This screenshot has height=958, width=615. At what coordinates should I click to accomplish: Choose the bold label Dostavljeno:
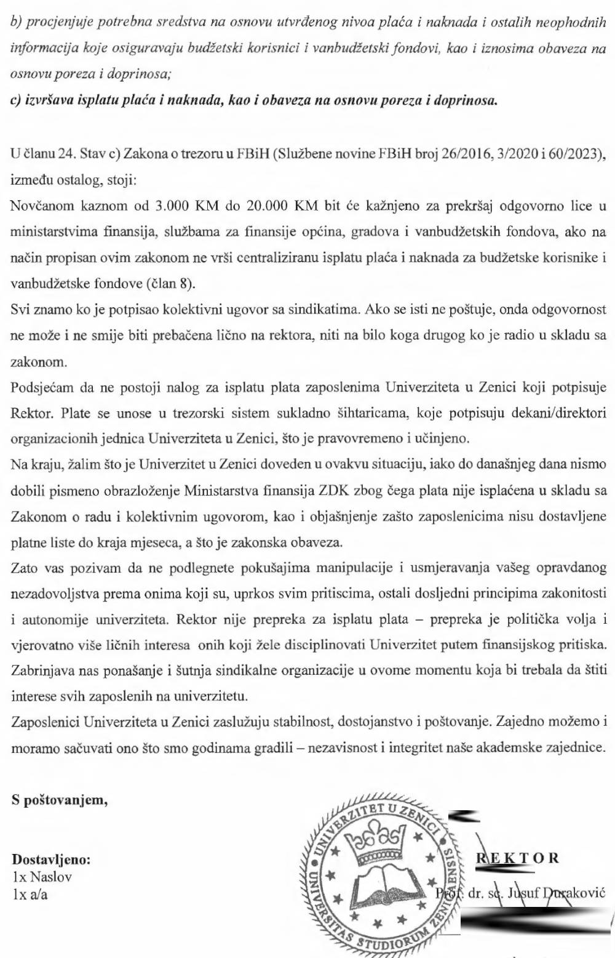pyautogui.click(x=51, y=859)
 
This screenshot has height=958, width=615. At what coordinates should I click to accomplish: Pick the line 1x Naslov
pyautogui.click(x=42, y=877)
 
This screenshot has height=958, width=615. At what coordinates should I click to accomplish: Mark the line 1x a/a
pyautogui.click(x=30, y=895)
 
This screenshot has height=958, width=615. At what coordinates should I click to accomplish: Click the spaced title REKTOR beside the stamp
pyautogui.click(x=518, y=858)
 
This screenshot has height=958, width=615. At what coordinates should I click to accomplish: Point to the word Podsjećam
pyautogui.click(x=39, y=387)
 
